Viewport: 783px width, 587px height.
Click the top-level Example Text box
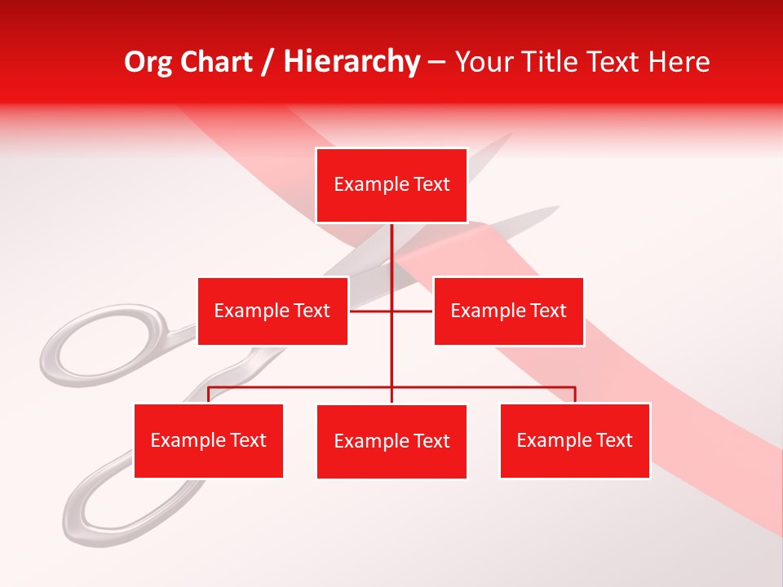391,185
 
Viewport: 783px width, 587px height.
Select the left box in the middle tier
272,311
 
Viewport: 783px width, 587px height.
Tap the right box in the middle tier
508,311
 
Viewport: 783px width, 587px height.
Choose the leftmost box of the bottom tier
209,440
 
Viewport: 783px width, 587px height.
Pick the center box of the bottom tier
391,441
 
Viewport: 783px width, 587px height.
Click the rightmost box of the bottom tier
574,440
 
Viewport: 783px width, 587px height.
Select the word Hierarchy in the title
352,62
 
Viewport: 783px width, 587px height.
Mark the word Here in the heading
679,62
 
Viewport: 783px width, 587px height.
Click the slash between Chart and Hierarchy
268,62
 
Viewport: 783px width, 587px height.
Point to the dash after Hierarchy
436,63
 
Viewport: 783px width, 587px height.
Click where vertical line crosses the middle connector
391,311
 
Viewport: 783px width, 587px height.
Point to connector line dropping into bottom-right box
575,395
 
